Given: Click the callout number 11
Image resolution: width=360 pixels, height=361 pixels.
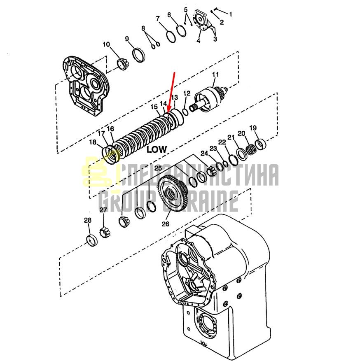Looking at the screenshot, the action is pos(215,75).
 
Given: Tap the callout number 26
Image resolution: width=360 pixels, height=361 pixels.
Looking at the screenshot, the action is pos(165,224).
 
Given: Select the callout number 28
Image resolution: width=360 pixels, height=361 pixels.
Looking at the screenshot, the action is pos(87,220).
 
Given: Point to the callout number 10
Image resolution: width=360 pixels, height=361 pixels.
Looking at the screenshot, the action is pos(106,44).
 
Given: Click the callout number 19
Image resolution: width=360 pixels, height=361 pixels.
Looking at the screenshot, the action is pos(253,128).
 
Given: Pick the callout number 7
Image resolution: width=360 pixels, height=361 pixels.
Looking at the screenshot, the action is pos(158,19).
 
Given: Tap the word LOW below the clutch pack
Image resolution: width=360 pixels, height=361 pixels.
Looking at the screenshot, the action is pos(157,149).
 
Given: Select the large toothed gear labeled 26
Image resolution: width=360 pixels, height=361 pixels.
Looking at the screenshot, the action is pos(173,191).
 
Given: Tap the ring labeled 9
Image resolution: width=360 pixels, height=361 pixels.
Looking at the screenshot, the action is pos(139,55).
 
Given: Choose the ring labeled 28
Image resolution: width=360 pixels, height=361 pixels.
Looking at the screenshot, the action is pos(91,240).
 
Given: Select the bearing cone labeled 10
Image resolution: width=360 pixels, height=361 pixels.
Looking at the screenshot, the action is pos(123,64).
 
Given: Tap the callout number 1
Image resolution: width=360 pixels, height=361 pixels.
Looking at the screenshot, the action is pos(230,14).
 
